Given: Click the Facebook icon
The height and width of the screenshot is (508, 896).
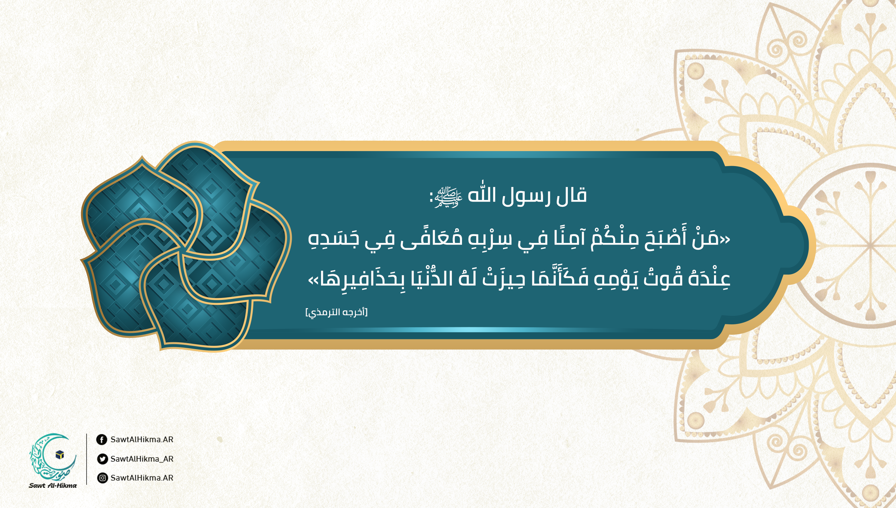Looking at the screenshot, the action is point(102,440).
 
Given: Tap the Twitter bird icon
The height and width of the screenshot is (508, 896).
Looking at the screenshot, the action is point(102,459).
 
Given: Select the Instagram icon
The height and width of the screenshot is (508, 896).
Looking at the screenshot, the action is point(102,478).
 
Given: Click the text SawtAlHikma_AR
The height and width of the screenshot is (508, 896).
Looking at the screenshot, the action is point(142,459).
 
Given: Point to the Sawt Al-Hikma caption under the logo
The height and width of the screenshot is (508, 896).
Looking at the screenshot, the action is point(53,485).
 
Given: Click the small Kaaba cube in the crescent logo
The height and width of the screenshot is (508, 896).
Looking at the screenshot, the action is point(60,455).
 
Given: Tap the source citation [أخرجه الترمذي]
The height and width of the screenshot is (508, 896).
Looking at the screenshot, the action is point(337,312).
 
